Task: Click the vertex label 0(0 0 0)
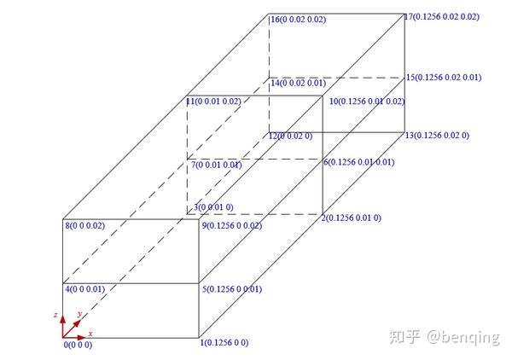click(x=78, y=345)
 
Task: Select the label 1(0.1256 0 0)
click(x=224, y=343)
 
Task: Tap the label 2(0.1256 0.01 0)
click(x=351, y=218)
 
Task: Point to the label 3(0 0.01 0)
click(x=213, y=207)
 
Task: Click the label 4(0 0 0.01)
click(x=84, y=288)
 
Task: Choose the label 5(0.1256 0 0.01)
click(x=231, y=289)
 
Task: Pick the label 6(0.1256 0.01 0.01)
click(x=358, y=162)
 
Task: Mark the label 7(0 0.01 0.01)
click(x=217, y=165)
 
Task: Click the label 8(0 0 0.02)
click(x=84, y=225)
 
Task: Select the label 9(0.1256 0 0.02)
click(x=231, y=225)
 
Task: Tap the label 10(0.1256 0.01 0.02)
click(x=366, y=102)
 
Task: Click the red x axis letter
click(x=90, y=333)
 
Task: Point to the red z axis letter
click(x=55, y=315)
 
